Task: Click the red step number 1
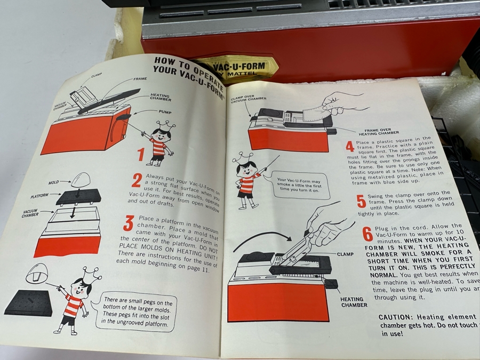tap(141, 155)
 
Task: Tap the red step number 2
tap(137, 180)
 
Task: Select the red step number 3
tap(129, 223)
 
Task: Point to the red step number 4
tap(349, 146)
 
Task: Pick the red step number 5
tap(361, 201)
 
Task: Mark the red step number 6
tap(367, 234)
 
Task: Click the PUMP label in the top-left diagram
tap(165, 112)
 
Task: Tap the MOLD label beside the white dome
tap(53, 182)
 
